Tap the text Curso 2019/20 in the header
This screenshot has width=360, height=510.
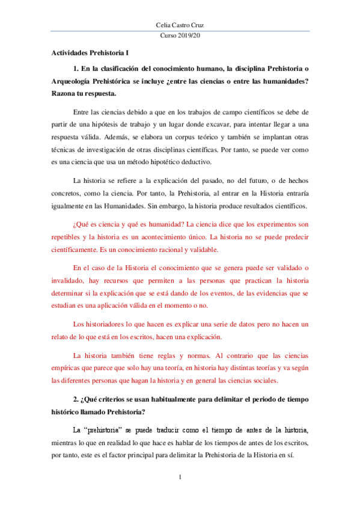[x=180, y=37]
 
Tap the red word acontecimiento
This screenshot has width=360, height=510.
[x=180, y=237]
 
